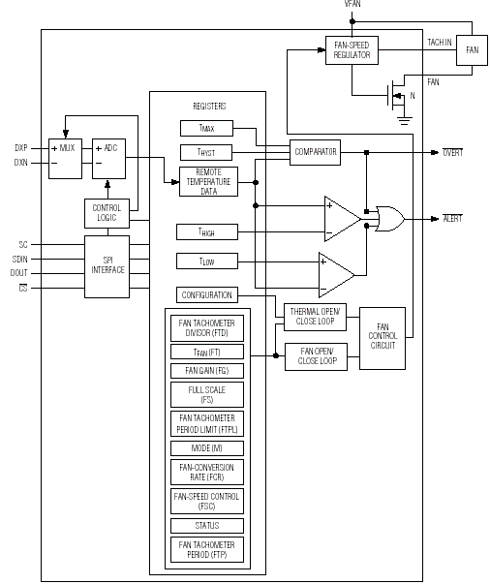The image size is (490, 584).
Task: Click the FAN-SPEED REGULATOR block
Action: coord(352,50)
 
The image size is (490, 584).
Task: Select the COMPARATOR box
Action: coord(315,152)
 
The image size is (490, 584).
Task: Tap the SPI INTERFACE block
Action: coord(107,266)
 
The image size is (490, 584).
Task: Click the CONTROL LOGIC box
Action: coord(107,213)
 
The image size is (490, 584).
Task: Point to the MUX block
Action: coord(65,159)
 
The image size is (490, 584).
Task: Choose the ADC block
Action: coord(108,159)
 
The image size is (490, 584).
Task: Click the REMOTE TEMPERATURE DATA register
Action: coord(208,182)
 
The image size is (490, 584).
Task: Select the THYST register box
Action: coord(206,152)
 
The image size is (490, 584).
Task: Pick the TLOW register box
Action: coord(207,261)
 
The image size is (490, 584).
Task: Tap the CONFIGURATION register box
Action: coord(207,295)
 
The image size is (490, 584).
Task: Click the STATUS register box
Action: coord(207,526)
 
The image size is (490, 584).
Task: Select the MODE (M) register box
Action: coord(207,448)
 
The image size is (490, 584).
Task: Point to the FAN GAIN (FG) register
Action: coord(207,371)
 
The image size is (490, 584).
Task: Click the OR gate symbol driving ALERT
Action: coord(390,219)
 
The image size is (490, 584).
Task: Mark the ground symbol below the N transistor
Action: coord(405,121)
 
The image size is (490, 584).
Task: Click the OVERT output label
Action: coord(453,152)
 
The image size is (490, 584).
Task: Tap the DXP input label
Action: coord(21,148)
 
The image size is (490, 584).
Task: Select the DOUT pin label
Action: coord(19,273)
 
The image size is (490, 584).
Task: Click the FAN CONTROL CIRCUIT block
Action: coord(383,338)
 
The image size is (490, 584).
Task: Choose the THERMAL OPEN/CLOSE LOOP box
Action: coord(315,317)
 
